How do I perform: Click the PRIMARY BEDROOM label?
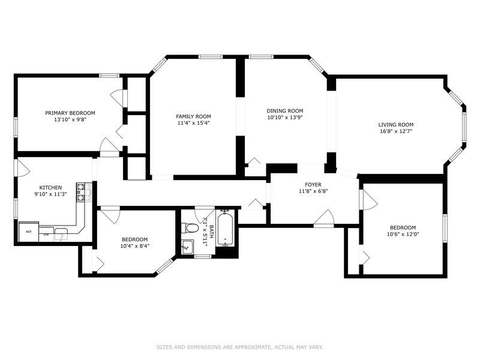point(70,113)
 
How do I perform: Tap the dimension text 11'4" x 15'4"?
point(193,123)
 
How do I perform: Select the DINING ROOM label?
point(285,111)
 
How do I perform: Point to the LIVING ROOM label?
point(396,124)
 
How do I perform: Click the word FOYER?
point(313,185)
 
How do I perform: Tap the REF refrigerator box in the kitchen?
point(27,231)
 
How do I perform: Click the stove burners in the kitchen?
point(82,192)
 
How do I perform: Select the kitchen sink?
point(62,234)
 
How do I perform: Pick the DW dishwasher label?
point(46,235)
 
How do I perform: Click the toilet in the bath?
point(191,227)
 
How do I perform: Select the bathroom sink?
point(187,246)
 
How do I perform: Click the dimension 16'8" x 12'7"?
point(396,131)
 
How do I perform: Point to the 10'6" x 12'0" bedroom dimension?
point(403,234)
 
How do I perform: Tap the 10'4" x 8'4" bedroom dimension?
point(135,245)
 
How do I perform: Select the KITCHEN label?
point(50,187)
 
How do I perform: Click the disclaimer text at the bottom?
point(240,347)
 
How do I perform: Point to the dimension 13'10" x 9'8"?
point(70,119)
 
